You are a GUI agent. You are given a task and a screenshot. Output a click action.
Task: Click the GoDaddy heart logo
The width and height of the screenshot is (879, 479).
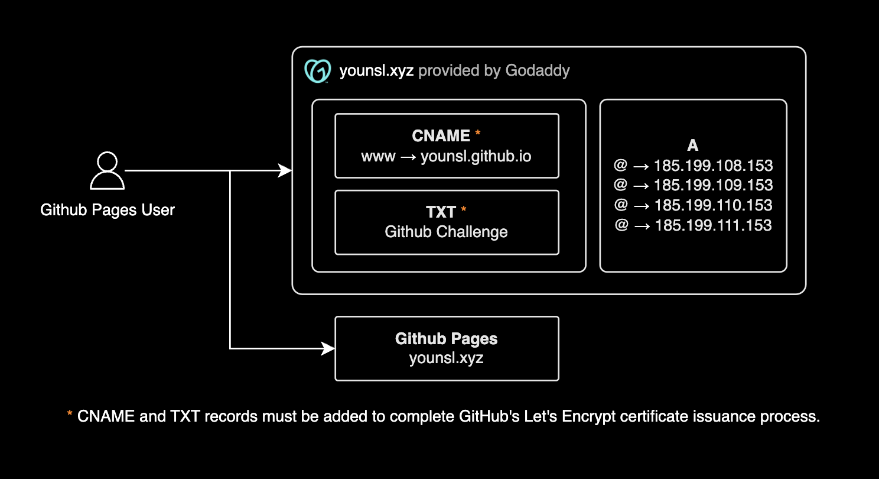click(317, 72)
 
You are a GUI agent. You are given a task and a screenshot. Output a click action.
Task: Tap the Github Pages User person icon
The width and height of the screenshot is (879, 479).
click(107, 171)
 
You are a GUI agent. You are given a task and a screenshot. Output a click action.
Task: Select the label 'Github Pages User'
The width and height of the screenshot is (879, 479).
click(108, 210)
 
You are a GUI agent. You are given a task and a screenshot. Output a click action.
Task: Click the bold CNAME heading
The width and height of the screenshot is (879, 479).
click(441, 136)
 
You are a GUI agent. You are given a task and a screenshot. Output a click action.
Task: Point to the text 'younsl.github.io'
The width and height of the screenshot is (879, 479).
click(476, 157)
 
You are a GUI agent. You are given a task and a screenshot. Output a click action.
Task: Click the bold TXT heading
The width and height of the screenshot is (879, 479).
click(441, 212)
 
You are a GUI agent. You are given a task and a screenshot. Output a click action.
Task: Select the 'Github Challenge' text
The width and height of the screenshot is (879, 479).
click(446, 232)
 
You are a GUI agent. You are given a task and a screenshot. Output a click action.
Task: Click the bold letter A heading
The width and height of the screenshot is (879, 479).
click(693, 145)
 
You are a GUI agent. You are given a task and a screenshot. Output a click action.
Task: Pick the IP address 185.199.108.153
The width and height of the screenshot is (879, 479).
click(713, 166)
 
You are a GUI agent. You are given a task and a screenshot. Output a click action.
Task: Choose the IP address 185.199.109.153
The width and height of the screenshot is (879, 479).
click(713, 186)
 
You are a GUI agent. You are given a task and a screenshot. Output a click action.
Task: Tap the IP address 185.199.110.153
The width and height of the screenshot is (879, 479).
click(713, 206)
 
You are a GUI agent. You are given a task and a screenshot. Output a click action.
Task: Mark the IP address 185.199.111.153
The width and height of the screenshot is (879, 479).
click(713, 226)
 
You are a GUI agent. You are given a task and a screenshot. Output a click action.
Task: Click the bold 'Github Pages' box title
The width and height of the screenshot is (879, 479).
click(446, 339)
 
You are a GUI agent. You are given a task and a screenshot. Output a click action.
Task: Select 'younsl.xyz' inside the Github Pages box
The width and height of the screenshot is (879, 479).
click(446, 358)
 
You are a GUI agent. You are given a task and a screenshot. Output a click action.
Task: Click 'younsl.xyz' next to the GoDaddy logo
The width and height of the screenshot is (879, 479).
click(376, 72)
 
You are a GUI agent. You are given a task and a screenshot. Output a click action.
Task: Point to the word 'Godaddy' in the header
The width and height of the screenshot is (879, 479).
click(538, 72)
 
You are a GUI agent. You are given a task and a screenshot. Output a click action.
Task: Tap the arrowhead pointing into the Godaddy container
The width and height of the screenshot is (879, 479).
click(286, 171)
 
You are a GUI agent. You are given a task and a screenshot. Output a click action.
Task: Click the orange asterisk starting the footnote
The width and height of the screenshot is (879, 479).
click(70, 415)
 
